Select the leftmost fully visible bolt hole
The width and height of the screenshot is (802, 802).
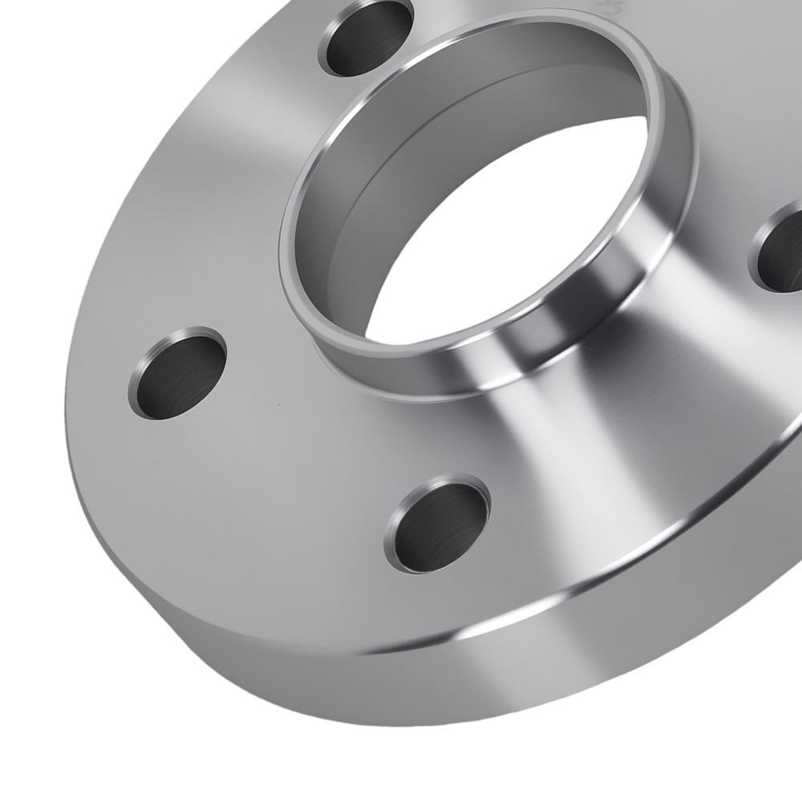coord(177,374)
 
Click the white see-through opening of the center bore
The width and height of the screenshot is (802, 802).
coord(513,241)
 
